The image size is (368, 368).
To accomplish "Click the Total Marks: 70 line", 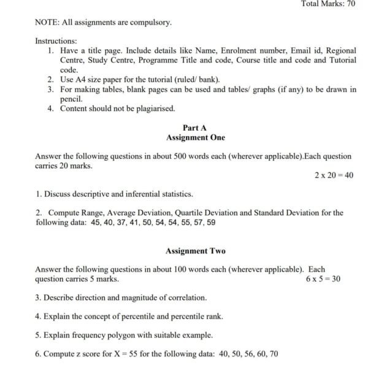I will coord(328,4).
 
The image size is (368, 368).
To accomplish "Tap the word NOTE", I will coord(47,23).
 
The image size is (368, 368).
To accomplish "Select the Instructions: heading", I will coord(55,40).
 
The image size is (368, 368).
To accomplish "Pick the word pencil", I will coord(71,99).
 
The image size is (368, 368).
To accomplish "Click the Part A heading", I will coord(194,128).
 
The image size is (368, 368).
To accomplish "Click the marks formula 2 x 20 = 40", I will coord(334,175).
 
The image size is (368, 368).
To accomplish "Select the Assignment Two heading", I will coord(196,251).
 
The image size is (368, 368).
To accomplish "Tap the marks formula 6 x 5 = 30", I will coord(323,279).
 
